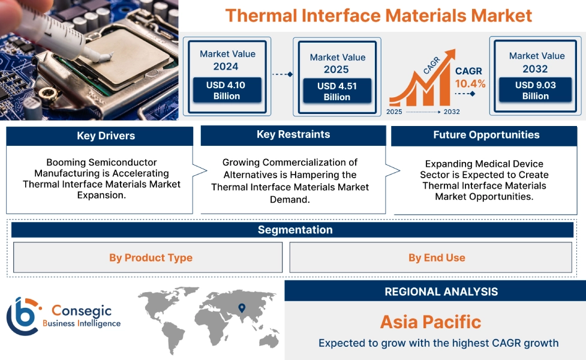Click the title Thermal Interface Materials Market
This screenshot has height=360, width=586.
coord(378,15)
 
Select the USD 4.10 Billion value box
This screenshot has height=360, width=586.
coord(227,90)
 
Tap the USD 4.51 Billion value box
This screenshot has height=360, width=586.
coord(336,91)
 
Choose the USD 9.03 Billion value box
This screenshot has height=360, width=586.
coord(535,90)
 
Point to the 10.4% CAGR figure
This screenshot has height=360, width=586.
coord(470,83)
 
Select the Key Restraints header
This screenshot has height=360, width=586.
coord(293,134)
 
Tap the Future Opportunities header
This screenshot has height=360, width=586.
coord(486,135)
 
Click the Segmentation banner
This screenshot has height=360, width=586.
coord(294,230)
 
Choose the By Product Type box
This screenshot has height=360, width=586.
coord(151,257)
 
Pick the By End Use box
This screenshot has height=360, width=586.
coord(436,257)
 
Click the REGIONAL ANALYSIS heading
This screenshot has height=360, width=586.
coord(441,292)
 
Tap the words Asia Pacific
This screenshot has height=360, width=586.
coord(430,322)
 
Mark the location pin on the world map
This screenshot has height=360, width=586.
coord(242,308)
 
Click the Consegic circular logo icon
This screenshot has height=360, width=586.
coord(23,316)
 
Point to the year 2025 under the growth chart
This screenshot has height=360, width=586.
coord(394,112)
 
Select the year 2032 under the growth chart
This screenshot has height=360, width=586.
coord(451,112)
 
